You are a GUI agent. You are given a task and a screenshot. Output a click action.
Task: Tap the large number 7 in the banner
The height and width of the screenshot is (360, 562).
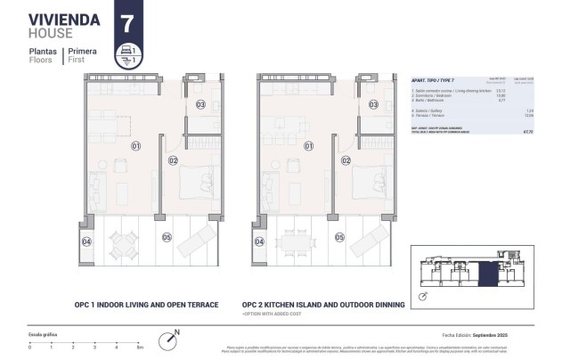[x=128, y=20]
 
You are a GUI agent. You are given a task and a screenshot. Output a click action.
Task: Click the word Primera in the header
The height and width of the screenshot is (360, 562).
[x=82, y=51]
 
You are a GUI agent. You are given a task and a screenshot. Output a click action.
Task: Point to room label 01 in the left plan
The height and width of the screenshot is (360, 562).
[x=136, y=144]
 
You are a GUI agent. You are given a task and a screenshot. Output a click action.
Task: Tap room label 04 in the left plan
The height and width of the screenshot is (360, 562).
[x=87, y=241]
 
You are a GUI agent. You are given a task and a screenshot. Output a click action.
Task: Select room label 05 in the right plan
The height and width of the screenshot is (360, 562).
[x=339, y=238]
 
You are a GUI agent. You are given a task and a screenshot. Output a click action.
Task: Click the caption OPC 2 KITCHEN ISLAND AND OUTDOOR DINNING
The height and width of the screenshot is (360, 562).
[x=323, y=304]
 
